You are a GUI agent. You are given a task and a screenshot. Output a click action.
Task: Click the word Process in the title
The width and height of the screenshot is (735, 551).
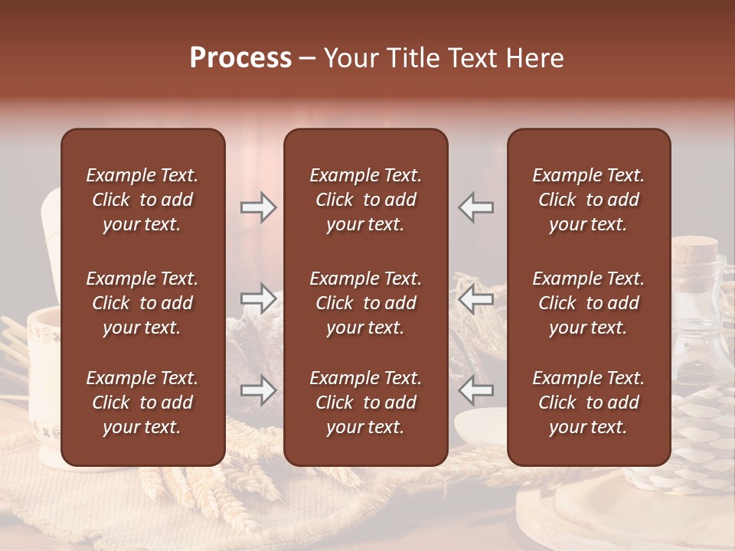[x=240, y=58]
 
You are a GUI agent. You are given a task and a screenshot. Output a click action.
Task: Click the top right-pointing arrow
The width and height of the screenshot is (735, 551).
[x=259, y=207]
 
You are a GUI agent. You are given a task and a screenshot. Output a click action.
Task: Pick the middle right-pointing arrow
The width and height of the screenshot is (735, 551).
[x=259, y=298]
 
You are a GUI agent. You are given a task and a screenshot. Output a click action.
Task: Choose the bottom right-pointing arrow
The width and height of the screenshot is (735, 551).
[x=259, y=391]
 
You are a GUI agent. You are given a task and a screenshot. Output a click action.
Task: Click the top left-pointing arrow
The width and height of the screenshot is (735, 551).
[x=476, y=207]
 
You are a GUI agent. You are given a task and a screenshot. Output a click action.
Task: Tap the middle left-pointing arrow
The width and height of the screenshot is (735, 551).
[x=476, y=298]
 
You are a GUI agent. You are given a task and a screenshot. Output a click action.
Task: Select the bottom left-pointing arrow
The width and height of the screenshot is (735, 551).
[x=476, y=391]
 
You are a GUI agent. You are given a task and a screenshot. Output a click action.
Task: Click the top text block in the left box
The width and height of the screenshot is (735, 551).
[x=142, y=200]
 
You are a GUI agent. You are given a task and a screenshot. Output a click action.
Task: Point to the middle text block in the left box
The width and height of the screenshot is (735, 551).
[x=142, y=303]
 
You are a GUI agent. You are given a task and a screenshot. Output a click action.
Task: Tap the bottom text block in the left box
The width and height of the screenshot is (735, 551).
[x=142, y=403]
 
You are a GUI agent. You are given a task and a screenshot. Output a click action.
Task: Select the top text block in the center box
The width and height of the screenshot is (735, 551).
[x=365, y=200]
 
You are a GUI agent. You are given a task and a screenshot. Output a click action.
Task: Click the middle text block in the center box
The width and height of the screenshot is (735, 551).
[x=365, y=303]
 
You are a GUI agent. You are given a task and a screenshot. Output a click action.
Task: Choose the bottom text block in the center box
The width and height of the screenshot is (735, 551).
[x=365, y=403]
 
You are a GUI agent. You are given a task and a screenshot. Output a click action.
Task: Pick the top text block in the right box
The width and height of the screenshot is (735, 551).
[x=588, y=200]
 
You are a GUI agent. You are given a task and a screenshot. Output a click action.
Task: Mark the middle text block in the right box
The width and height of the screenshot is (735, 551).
[x=588, y=303]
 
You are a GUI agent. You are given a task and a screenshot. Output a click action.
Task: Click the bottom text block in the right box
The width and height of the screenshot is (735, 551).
[x=588, y=403]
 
